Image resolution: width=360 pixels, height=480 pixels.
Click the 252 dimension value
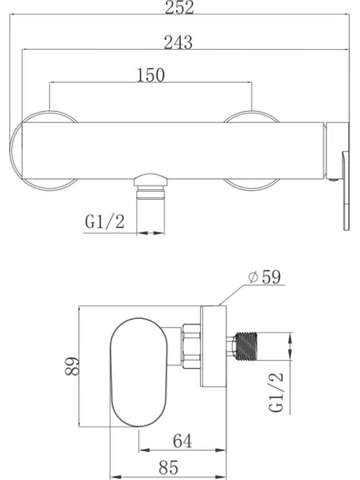179,7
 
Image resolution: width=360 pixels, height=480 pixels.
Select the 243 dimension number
178,43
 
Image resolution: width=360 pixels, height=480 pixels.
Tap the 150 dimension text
151,75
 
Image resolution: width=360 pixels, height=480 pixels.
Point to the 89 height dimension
72,365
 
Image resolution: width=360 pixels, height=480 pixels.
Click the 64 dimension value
183,441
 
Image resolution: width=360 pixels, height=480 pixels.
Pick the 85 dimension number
168,467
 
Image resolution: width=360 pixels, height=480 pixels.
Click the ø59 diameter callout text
265,277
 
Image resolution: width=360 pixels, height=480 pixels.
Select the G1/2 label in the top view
105,221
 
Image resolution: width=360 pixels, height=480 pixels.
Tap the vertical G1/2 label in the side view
276,393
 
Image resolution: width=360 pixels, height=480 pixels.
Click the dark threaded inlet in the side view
246,345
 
